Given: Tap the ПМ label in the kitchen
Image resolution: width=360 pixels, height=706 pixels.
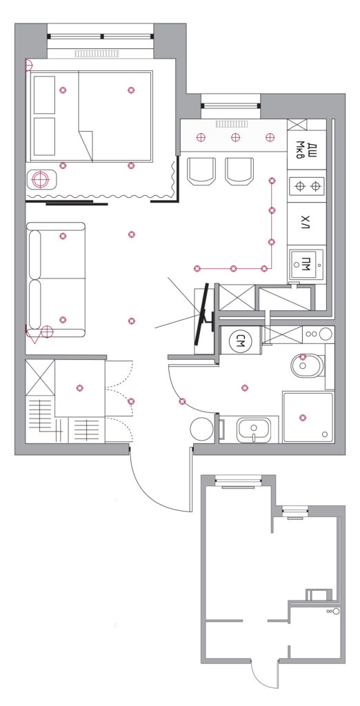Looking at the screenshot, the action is [306, 263].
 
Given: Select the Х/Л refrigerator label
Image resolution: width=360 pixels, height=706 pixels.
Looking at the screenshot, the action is [306, 222].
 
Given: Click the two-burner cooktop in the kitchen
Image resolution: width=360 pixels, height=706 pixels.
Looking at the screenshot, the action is [307, 186].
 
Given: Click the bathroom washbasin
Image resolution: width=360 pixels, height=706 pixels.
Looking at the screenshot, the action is [254, 430].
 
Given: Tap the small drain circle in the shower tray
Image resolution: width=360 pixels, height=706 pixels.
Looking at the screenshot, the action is [326, 434].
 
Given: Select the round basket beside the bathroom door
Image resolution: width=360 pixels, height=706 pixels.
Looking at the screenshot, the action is [201, 429].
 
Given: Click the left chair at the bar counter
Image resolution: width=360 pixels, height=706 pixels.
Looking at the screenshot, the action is [202, 171].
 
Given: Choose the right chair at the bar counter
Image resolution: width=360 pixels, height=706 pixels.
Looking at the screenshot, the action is [239, 171].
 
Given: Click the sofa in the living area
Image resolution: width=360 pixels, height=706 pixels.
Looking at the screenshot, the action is [56, 280].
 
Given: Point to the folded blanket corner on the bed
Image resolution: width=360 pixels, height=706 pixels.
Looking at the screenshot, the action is [86, 145].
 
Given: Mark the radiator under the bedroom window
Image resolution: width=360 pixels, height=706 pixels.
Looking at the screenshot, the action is [97, 54].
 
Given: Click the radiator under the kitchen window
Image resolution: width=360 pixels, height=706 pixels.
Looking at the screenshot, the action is [232, 124].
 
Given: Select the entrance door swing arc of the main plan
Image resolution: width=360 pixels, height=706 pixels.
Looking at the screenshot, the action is [152, 490].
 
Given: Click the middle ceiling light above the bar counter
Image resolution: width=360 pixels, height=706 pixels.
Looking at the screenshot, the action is [234, 137].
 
